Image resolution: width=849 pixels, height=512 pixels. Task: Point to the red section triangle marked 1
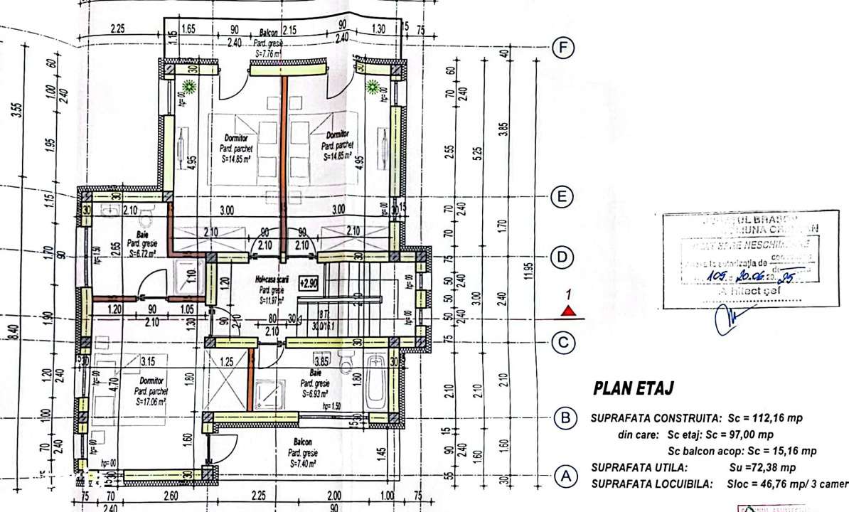click(x=567, y=310)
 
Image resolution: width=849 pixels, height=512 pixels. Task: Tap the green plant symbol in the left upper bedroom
click(x=190, y=87)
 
